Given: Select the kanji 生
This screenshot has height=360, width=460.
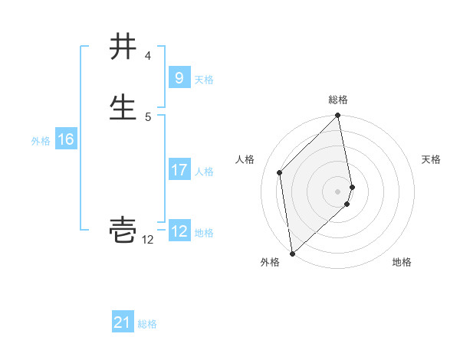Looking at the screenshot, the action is (123, 106).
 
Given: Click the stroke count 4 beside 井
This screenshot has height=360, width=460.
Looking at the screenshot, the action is (147, 57).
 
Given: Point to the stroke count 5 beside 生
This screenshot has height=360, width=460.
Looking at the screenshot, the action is (148, 116).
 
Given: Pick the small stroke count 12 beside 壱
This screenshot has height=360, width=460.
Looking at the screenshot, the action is (147, 240).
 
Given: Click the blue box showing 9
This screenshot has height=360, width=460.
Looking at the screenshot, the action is (179, 78).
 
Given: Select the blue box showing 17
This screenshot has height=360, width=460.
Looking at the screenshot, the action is (179, 170).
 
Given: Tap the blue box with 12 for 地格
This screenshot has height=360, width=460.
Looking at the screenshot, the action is (179, 231).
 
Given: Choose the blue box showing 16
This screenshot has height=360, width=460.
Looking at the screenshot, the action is (65, 139).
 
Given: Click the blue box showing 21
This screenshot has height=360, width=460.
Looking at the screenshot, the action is (123, 322).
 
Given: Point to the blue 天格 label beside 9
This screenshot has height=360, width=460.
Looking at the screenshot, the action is (204, 79).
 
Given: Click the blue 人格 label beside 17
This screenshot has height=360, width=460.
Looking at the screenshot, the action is (204, 171).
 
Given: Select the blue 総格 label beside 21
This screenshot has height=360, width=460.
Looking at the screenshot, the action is (147, 324).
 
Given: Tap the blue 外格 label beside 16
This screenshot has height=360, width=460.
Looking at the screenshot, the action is (41, 141).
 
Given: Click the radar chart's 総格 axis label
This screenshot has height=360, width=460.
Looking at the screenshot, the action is (338, 100).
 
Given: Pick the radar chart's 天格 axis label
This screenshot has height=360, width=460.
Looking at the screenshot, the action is (431, 159).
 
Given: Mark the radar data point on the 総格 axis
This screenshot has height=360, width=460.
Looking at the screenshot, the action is (338, 116).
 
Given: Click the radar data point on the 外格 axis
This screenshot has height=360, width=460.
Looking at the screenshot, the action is (292, 253).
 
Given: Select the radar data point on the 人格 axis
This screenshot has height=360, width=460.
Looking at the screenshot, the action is (280, 172).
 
